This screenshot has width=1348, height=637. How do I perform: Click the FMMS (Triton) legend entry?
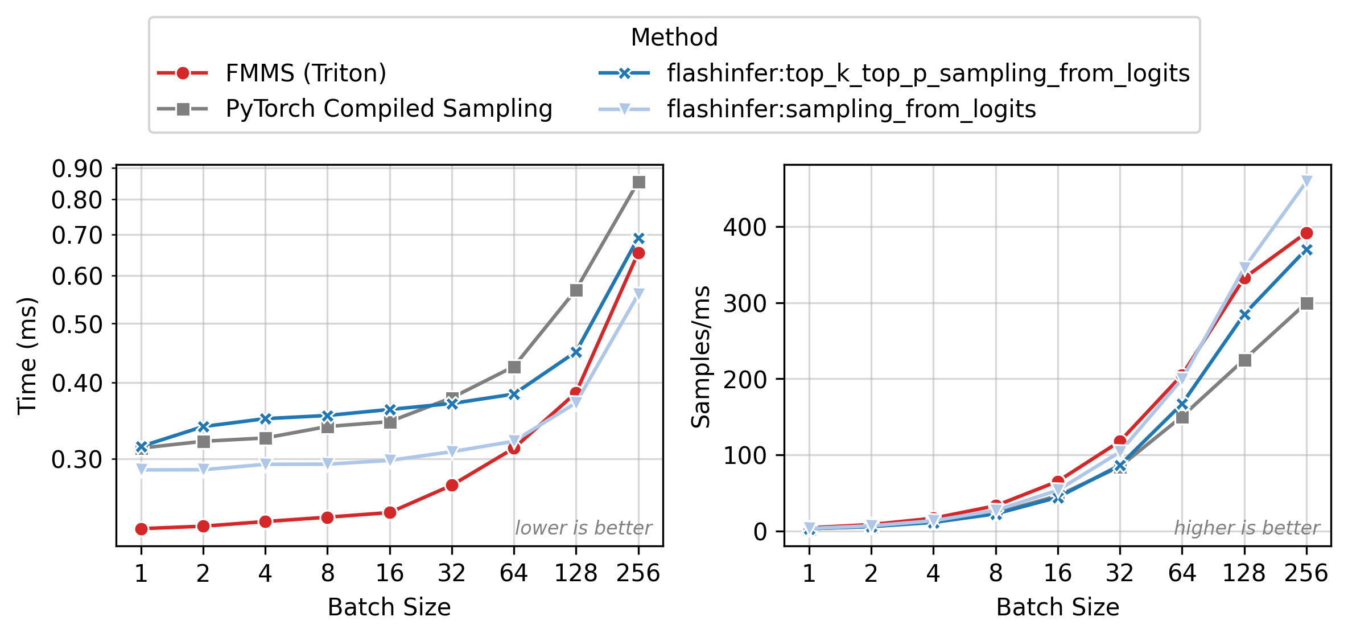(x=306, y=73)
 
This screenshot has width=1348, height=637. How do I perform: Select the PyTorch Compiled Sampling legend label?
(x=389, y=109)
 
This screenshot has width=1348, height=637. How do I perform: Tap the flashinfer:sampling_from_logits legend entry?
(x=851, y=109)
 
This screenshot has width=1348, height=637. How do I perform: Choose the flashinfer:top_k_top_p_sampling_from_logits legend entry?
(x=928, y=73)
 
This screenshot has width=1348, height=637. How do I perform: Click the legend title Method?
(x=674, y=38)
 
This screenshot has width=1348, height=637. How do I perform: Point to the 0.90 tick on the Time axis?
(x=77, y=169)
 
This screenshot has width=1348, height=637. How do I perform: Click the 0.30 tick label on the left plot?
(x=77, y=459)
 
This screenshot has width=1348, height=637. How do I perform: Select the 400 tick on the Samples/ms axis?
(x=745, y=227)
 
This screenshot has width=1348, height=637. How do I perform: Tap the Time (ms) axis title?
(x=27, y=356)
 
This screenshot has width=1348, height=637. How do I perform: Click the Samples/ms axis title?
(x=700, y=357)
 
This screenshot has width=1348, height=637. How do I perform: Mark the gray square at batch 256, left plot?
(x=638, y=182)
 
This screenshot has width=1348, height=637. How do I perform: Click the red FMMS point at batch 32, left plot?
(x=452, y=486)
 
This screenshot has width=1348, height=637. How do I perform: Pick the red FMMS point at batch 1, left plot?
(x=141, y=529)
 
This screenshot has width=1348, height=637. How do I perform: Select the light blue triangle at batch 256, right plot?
(x=1306, y=182)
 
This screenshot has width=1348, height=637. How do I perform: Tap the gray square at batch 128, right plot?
(x=1244, y=360)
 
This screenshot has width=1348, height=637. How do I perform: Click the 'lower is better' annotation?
(x=583, y=528)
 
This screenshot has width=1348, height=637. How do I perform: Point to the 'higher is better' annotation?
(x=1247, y=528)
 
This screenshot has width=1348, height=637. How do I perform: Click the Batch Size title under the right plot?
(x=1057, y=607)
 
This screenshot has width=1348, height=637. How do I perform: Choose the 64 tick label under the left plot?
(x=514, y=573)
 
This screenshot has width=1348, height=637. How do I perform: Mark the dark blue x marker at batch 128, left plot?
(x=576, y=352)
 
